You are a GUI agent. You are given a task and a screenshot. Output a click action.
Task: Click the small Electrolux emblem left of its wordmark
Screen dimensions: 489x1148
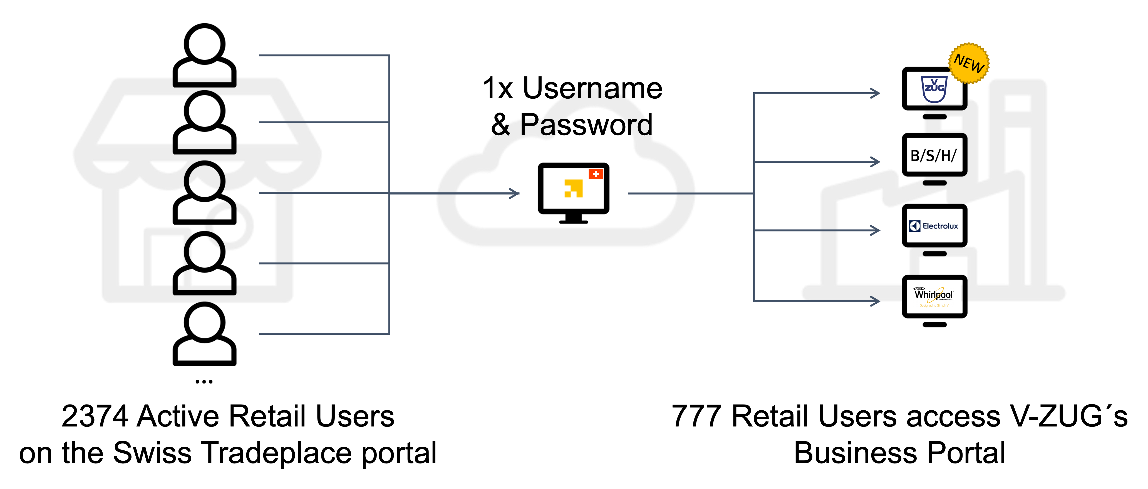pos(914,226)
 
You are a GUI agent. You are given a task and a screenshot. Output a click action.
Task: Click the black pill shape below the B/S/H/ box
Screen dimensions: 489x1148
pos(934,183)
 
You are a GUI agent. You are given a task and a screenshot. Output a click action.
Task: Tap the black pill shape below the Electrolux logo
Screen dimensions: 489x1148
pos(934,254)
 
